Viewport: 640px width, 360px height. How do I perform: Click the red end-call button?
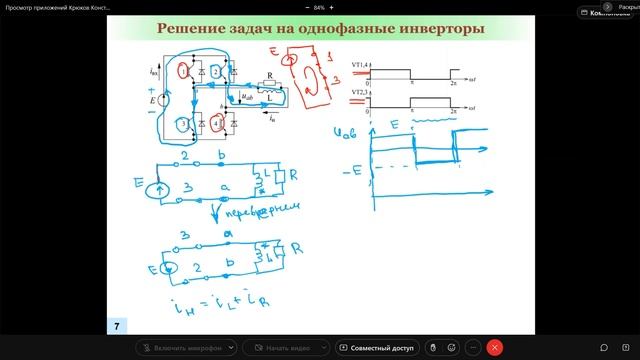(x=493, y=347)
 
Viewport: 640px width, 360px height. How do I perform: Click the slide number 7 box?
(x=117, y=326)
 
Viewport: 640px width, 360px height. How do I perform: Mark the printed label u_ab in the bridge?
(x=247, y=97)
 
